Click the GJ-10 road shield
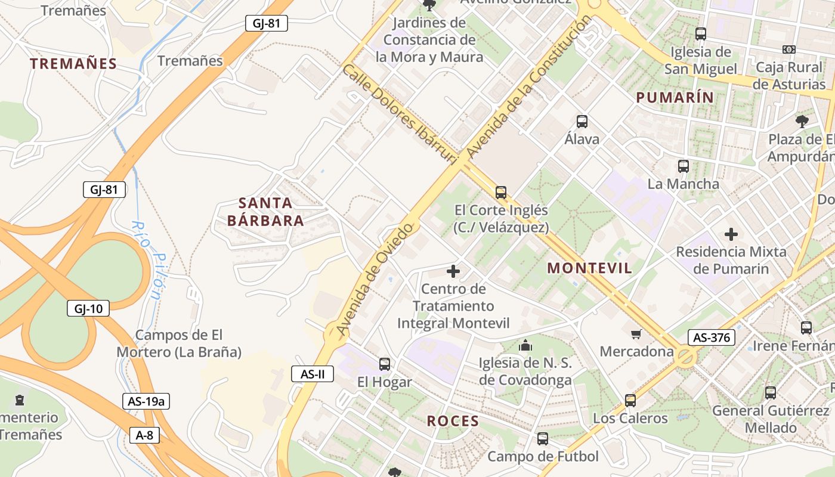tap(88, 308)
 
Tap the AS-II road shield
tap(313, 374)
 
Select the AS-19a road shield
tap(146, 401)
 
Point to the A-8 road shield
tap(144, 435)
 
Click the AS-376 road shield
tap(711, 337)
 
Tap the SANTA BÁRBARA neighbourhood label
tap(265, 212)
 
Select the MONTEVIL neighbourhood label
tap(589, 268)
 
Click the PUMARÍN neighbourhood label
tap(674, 98)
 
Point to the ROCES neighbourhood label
tap(453, 421)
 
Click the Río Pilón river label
tap(147, 260)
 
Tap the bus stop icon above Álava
tap(582, 122)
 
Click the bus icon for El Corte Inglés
tap(501, 193)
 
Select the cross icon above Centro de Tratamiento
tap(453, 272)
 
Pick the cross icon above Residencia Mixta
tap(731, 234)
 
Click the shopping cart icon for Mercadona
tap(636, 333)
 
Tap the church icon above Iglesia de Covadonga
tap(525, 345)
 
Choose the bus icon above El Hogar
tap(385, 364)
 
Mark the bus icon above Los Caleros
tap(630, 400)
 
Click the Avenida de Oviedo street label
tap(375, 279)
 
